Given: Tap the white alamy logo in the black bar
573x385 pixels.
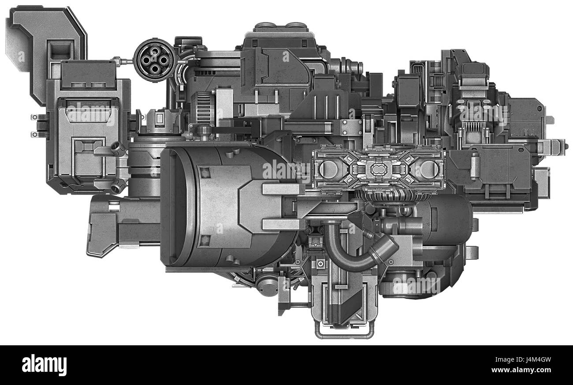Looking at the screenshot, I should (44, 365).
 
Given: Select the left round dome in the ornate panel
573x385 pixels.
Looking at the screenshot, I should (328, 169).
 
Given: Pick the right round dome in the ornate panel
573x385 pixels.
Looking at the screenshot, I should (427, 169).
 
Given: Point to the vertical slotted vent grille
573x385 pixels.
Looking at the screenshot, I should (203, 108).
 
